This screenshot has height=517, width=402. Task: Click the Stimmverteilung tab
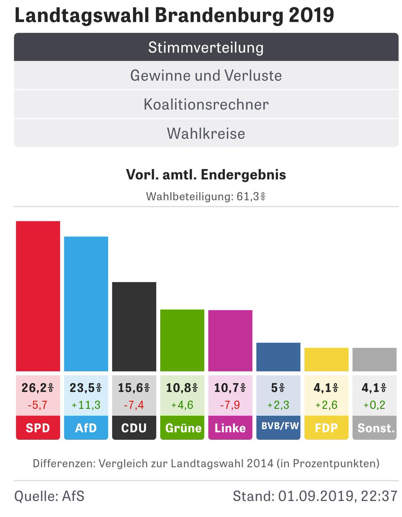tap(206, 47)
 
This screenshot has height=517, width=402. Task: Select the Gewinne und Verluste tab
tap(206, 76)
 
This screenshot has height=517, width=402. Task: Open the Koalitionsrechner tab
tap(206, 105)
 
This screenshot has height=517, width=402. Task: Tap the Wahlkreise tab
tap(206, 133)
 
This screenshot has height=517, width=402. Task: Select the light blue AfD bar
tap(86, 304)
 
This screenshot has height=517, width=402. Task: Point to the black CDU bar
tap(134, 327)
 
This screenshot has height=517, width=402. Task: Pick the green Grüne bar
tap(182, 340)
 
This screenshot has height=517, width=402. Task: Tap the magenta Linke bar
tap(230, 341)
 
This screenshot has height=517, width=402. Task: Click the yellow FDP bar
tap(326, 360)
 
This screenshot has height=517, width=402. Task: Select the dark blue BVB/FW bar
tap(278, 357)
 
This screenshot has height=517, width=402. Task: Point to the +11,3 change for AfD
tap(86, 405)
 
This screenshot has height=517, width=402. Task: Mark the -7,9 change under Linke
tap(230, 405)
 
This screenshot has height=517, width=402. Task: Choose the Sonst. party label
tap(374, 428)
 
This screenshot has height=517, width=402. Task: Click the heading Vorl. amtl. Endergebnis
tap(206, 175)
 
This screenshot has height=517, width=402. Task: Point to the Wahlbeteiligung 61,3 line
tap(206, 197)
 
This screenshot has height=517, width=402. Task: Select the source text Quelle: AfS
tap(50, 496)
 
